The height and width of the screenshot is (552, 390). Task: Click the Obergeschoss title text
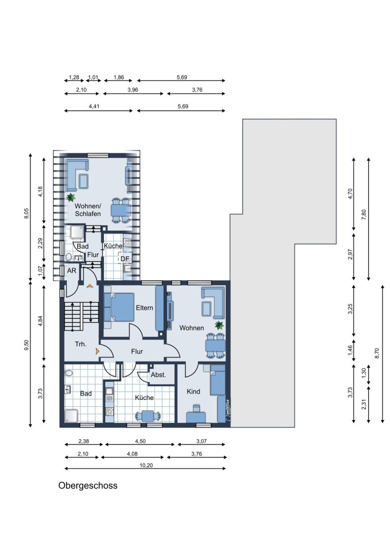[88, 486]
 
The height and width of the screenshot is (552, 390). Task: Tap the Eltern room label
[144, 308]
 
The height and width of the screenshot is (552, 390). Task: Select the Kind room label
[193, 392]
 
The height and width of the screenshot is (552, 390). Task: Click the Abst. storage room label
[158, 375]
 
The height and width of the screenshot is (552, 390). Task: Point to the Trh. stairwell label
[81, 344]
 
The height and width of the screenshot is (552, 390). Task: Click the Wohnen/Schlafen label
[88, 210]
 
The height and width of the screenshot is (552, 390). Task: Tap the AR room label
[72, 271]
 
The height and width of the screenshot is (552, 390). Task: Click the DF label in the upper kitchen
[124, 259]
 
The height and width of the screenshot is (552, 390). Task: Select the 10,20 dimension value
[146, 465]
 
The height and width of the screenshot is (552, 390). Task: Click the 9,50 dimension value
[26, 345]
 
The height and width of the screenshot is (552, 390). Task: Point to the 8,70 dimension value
[377, 353]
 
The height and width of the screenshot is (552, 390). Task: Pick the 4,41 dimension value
[94, 106]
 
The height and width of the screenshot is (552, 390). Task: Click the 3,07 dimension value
[201, 441]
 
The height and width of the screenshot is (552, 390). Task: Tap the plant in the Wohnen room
[219, 325]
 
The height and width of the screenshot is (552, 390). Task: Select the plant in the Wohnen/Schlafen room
[71, 198]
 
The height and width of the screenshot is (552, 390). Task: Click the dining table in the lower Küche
[147, 416]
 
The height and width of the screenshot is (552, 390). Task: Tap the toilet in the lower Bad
[69, 373]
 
